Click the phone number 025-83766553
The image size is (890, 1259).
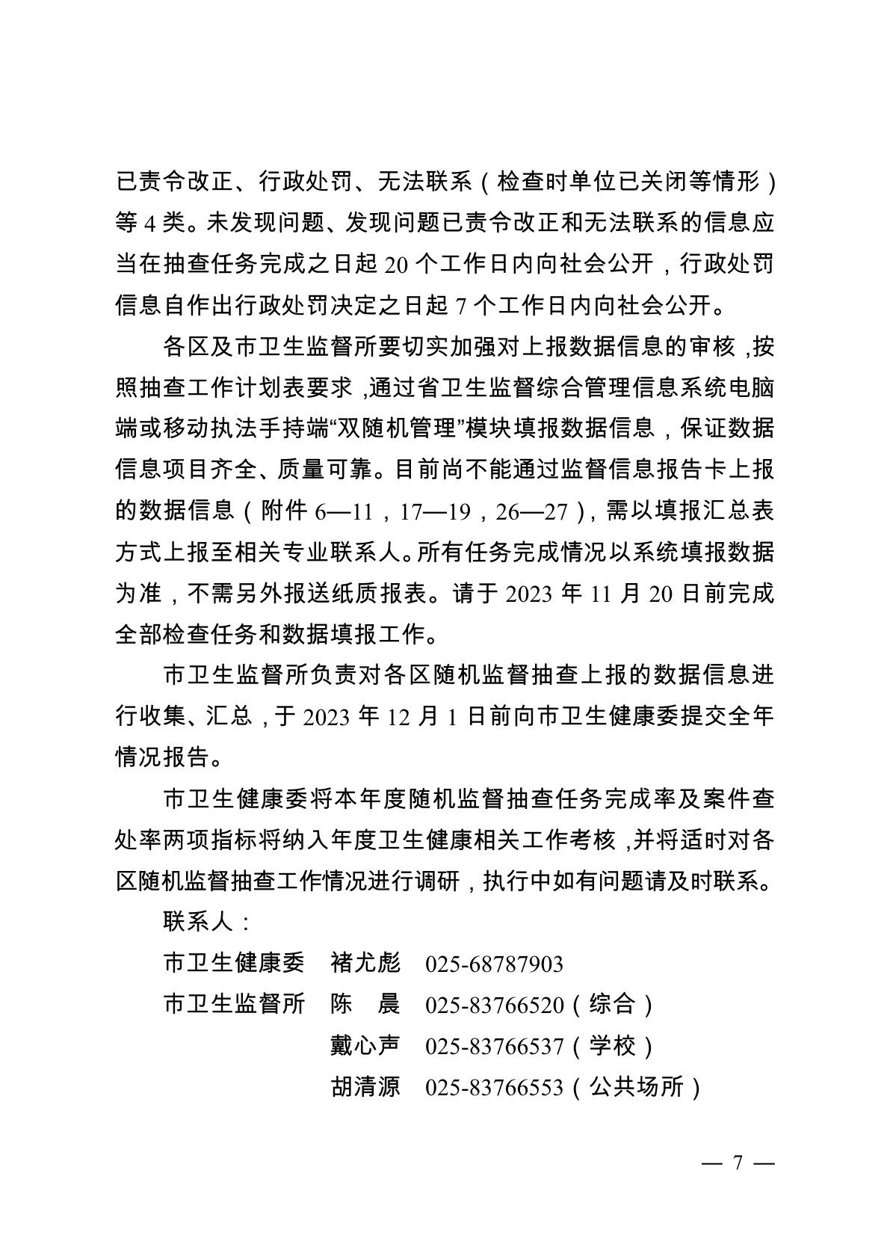coord(494,1088)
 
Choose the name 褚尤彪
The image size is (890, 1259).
coord(365,964)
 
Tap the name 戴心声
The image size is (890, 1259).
coord(365,1046)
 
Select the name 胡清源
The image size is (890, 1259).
coord(365,1087)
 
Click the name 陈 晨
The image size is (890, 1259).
coord(365,1005)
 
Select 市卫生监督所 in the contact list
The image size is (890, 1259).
coord(234,1005)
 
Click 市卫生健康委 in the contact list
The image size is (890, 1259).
coord(234,964)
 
